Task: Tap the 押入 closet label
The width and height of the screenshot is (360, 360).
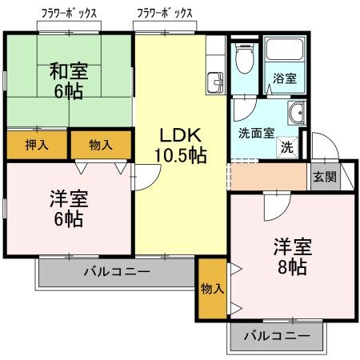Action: pos(37,145)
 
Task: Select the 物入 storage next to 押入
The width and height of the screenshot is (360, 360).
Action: pos(101,145)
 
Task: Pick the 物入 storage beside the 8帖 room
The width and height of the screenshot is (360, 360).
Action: pos(212,288)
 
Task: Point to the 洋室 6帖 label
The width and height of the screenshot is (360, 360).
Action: pos(67,207)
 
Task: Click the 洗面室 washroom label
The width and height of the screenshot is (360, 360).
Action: pos(256,133)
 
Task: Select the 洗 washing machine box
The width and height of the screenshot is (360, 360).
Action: pos(286,147)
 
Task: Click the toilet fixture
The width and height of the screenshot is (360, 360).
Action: pos(246,58)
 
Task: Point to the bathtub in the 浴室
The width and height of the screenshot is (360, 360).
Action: pos(285,53)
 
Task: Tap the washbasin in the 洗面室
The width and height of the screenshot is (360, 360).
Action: pos(297,113)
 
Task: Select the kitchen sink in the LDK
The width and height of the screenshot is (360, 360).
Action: pos(214,82)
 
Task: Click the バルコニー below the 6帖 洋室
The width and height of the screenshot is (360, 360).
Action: pos(117,273)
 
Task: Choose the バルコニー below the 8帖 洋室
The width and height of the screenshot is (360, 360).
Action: pos(277,336)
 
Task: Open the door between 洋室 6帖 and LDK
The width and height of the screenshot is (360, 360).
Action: pos(138,178)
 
